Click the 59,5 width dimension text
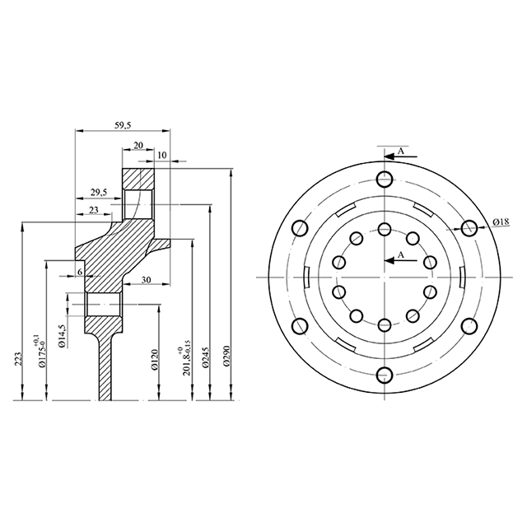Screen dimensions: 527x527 pyautogui.click(x=122, y=124)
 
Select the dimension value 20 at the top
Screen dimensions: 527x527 pyautogui.click(x=138, y=145)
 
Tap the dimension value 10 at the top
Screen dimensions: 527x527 pyautogui.click(x=161, y=155)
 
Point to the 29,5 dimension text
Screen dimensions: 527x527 pyautogui.click(x=98, y=193)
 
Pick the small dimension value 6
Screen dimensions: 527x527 pyautogui.click(x=80, y=271)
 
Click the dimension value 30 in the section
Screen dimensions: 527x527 pyautogui.click(x=145, y=280)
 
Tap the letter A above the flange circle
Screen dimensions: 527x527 pyautogui.click(x=400, y=152)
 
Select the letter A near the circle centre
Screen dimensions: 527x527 pyautogui.click(x=401, y=255)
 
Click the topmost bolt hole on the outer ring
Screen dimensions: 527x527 pyautogui.click(x=384, y=180)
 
